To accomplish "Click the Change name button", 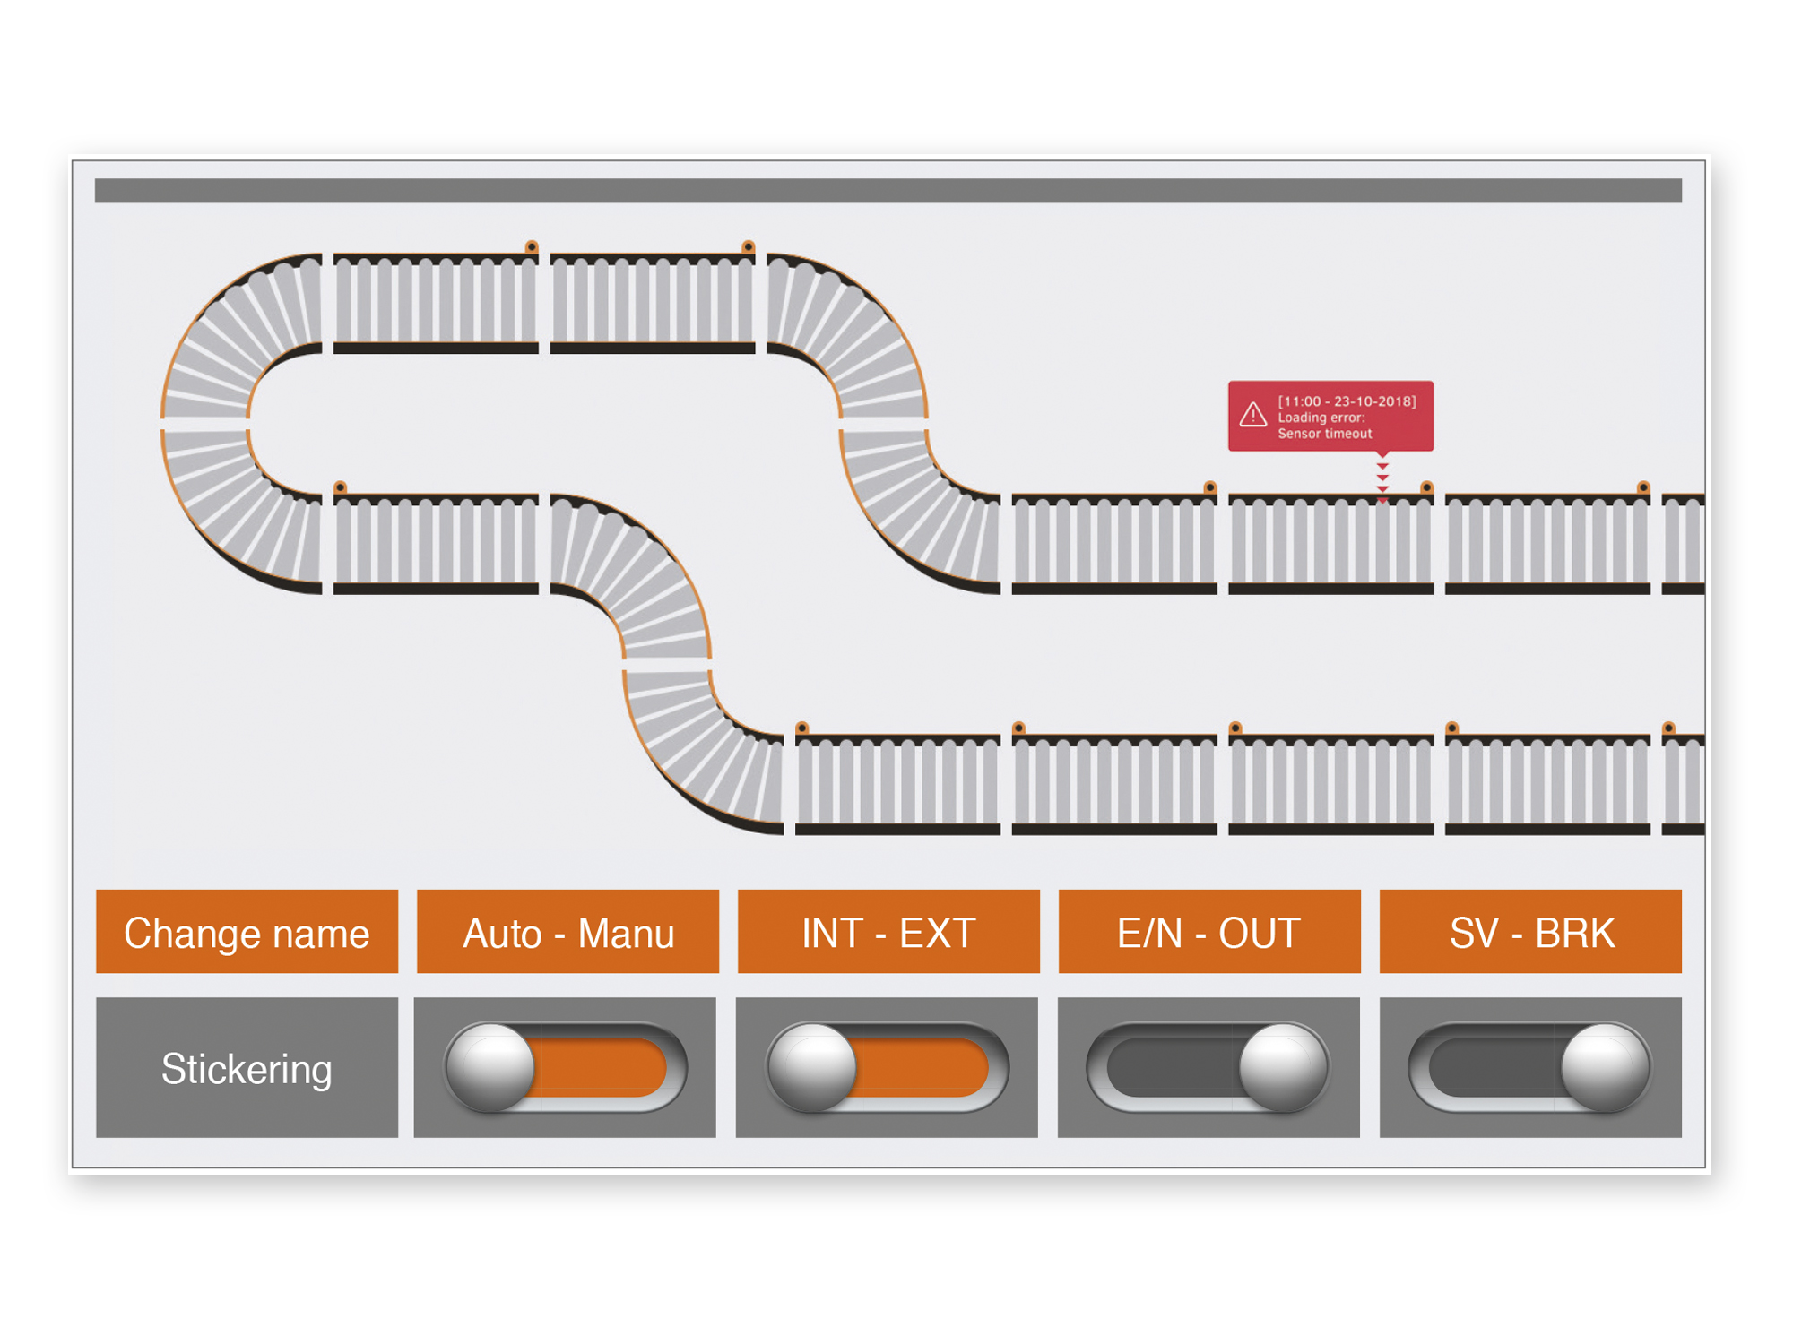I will coord(247,932).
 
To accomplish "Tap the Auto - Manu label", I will coord(567,932).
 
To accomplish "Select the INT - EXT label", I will coord(888,932).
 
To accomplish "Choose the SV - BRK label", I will coord(1530,932).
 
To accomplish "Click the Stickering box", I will coord(247,1068).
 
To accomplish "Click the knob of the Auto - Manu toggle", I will coord(490,1067).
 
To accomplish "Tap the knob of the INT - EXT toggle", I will coord(812,1067).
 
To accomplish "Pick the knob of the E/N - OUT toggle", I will coord(1283,1067).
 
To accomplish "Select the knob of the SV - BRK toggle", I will coord(1605,1067).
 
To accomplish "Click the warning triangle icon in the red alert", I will coord(1252,415).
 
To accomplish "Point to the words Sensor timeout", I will coord(1324,434).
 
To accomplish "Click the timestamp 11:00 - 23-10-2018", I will coord(1347,401).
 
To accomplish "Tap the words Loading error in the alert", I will coord(1321,418).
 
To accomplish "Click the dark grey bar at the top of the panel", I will coord(888,191).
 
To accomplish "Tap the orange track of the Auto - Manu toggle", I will coord(601,1067).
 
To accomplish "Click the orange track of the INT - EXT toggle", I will coord(922,1067).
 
